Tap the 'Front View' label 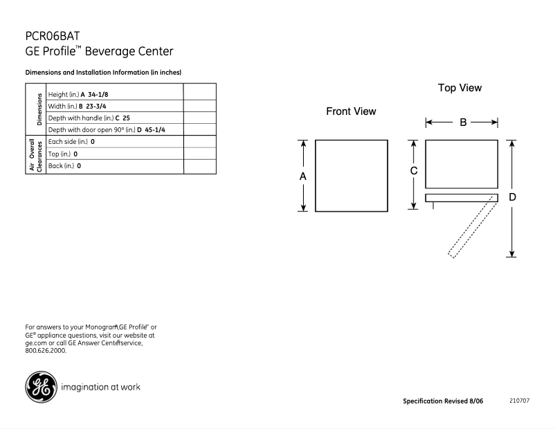[351, 111]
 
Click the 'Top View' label [460, 88]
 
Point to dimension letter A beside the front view [302, 176]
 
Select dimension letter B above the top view [462, 122]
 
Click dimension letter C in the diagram [413, 171]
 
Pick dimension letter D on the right [512, 197]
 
